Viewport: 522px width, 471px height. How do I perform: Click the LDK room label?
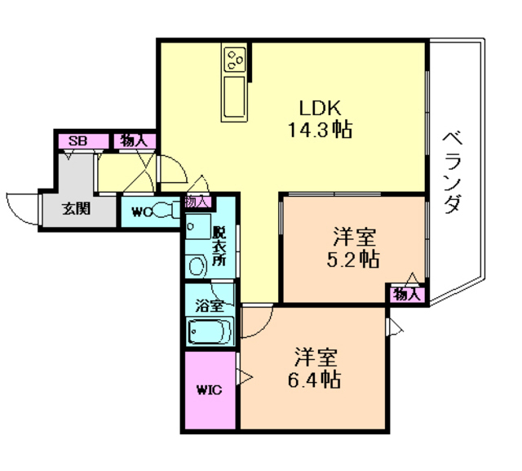320,108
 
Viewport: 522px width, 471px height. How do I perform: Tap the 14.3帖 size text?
320,130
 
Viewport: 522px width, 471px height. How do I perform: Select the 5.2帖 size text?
353,260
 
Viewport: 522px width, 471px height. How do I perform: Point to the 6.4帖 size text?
314,380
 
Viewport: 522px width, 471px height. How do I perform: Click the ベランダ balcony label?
453,172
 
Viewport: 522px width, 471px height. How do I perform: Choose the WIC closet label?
210,389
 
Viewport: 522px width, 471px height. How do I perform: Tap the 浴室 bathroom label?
210,306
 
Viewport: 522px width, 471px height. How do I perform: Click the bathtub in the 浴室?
210,331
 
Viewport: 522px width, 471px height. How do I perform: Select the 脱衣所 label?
219,246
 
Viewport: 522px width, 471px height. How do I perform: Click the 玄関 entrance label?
76,209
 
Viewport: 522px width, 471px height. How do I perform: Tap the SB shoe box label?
77,141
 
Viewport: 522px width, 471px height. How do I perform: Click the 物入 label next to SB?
134,141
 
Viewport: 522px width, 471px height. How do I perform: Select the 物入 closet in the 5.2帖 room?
406,295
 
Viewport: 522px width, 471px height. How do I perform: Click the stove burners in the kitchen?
236,59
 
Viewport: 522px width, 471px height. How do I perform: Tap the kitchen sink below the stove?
235,97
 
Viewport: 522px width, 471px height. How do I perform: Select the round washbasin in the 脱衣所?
197,266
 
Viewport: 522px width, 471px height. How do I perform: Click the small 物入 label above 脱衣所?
197,202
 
